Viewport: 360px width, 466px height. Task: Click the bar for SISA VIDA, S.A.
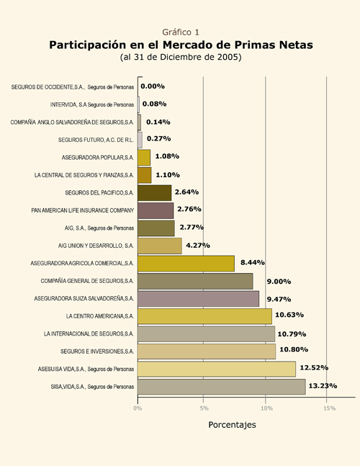coord(222,387)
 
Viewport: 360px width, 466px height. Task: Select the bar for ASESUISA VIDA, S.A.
coord(217,369)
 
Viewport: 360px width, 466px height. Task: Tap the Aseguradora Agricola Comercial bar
coord(186,264)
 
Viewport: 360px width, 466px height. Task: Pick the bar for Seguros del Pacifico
coord(155,193)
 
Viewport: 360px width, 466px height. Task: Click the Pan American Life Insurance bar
coord(156,210)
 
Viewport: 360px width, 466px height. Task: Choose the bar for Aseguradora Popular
coord(144,158)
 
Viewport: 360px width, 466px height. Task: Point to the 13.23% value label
coord(323,386)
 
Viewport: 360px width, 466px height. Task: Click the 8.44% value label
coord(253,262)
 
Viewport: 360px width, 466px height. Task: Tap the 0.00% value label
coord(153,86)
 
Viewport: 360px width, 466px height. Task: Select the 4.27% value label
coord(198,245)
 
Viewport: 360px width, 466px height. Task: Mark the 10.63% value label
coord(289,315)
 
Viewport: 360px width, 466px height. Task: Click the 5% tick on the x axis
coord(204,408)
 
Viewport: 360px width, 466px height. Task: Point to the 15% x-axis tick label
coord(330,408)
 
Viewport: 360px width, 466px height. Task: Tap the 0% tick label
coord(138,408)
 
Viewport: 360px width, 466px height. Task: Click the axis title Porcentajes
coord(232,425)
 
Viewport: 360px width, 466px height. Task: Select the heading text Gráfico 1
coord(181,32)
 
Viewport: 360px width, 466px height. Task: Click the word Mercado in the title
coord(192,45)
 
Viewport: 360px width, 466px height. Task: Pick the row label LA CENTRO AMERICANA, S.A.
coord(100,316)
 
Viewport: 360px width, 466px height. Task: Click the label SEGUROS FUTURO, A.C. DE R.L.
coord(96,140)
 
